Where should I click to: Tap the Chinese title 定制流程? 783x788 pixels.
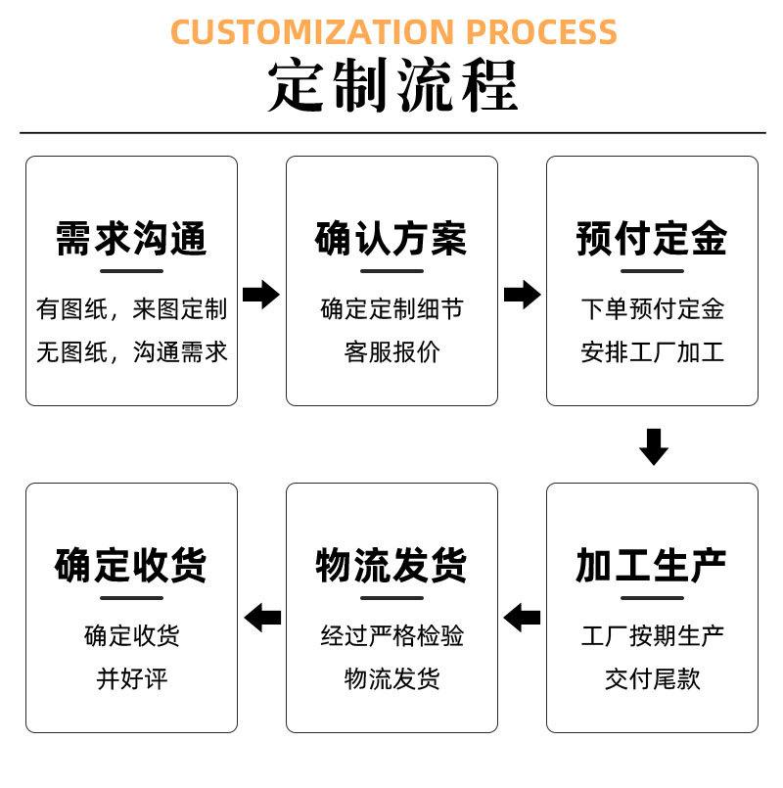click(392, 88)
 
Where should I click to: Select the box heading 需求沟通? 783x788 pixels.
click(131, 238)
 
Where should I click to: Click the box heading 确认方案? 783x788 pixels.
click(391, 238)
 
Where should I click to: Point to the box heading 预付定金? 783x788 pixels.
click(652, 238)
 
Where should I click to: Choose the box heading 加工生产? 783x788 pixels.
click(652, 565)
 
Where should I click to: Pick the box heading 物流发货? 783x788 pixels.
click(391, 565)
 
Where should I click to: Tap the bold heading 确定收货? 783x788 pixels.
click(131, 565)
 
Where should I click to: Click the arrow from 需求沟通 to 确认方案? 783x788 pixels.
click(261, 294)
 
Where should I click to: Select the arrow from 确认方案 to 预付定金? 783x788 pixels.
click(522, 294)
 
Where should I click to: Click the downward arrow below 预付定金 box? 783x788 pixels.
click(653, 445)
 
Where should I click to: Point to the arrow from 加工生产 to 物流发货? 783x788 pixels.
click(522, 618)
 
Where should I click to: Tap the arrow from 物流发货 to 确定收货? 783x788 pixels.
click(261, 618)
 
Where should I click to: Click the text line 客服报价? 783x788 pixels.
click(391, 352)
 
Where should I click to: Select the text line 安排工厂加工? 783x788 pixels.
click(652, 352)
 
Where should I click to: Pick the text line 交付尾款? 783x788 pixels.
click(652, 678)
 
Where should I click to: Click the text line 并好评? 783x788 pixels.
click(131, 678)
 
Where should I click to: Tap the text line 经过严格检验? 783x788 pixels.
click(391, 636)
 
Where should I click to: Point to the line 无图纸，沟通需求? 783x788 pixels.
click(131, 352)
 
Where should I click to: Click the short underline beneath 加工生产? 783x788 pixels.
click(652, 597)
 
